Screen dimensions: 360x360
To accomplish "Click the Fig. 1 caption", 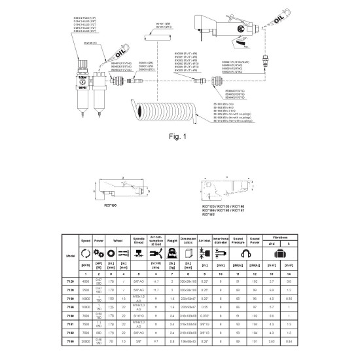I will click(179, 136).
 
